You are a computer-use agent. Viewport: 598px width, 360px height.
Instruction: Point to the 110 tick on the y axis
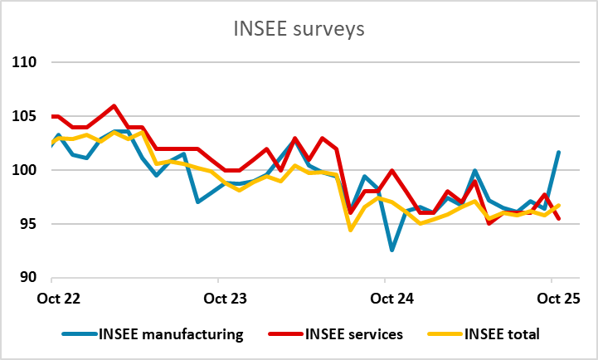point(25,62)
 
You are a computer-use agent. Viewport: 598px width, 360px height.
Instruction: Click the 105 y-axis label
point(25,116)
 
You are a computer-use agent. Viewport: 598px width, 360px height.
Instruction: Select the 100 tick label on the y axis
point(25,170)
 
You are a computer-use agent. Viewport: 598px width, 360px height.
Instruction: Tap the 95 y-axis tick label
point(28,224)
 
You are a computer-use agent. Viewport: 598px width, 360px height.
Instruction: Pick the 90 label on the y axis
point(28,278)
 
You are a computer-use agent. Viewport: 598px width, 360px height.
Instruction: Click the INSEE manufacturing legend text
point(171,334)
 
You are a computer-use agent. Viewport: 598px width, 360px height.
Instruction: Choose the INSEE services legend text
point(356,334)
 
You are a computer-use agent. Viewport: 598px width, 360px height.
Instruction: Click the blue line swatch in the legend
point(79,334)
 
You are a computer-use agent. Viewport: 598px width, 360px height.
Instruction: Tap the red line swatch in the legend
point(283,334)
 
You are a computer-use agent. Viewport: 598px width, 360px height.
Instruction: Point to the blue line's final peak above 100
point(558,152)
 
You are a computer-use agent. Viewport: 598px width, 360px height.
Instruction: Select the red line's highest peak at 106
point(114,105)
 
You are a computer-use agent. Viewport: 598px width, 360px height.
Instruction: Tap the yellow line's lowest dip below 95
point(350,230)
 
